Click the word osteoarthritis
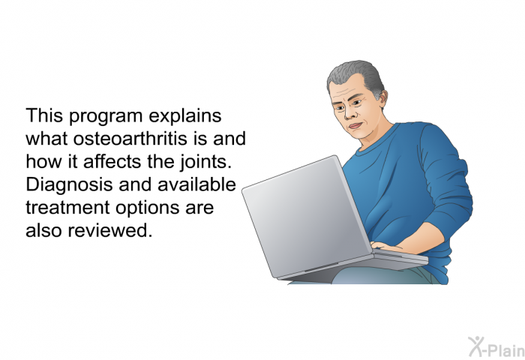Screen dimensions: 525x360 (130, 139)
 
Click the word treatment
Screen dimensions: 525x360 (68, 208)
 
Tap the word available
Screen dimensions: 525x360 (196, 184)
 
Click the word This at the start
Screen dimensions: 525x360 (44, 115)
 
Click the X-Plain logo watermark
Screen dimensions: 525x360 (496, 346)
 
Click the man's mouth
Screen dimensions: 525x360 (355, 126)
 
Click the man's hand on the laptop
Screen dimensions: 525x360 (388, 247)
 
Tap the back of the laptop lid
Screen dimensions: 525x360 (306, 216)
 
